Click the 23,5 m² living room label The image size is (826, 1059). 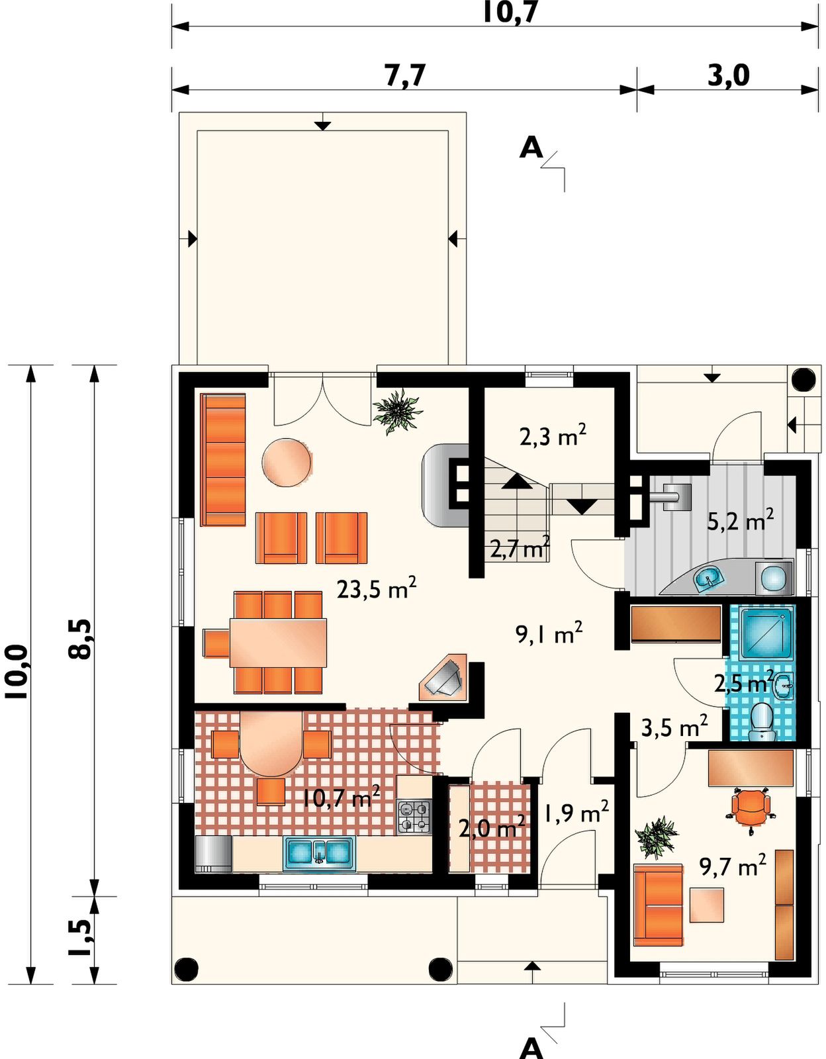point(376,588)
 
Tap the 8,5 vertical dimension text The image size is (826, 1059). point(79,639)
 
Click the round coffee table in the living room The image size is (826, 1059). point(287,462)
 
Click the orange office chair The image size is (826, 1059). point(751,811)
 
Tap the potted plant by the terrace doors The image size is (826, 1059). point(397,412)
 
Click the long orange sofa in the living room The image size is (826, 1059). point(222,460)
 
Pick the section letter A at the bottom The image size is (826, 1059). point(531,1048)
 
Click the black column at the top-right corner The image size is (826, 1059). point(803,379)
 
